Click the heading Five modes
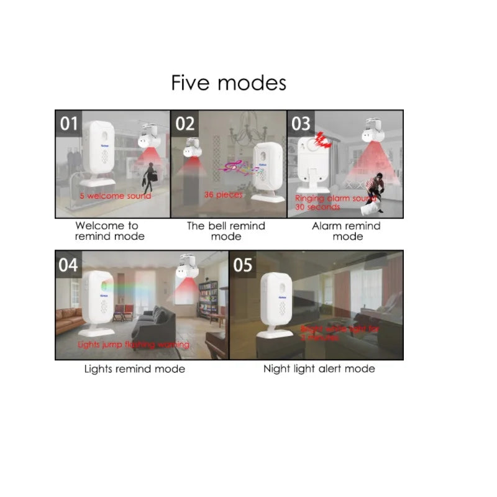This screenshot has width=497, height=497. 229,83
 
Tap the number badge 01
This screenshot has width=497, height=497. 69,124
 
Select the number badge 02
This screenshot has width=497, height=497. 185,124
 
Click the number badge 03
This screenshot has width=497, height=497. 301,124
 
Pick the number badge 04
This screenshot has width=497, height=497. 68,265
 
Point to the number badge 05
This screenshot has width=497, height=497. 243,265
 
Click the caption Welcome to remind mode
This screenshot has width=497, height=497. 109,231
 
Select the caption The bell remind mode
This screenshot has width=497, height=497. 226,231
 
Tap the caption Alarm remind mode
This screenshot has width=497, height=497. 347,231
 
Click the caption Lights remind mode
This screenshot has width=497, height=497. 135,369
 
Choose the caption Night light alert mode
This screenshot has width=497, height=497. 319,369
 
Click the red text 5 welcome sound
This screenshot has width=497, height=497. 115,196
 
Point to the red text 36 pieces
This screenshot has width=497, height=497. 223,194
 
